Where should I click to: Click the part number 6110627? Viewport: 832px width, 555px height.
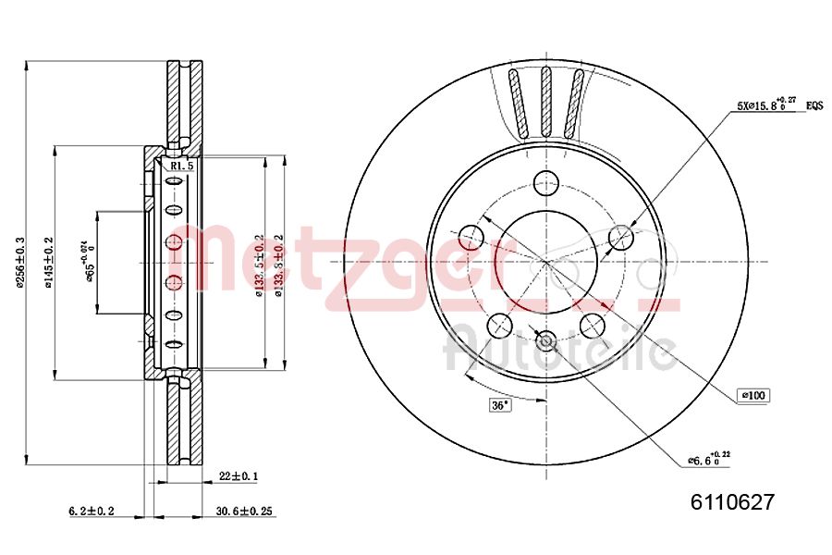tap(731, 502)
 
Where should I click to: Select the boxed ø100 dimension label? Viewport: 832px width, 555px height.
tap(752, 396)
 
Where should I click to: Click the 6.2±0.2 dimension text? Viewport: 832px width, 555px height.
tap(92, 511)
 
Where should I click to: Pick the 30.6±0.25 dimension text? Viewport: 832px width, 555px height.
tap(245, 511)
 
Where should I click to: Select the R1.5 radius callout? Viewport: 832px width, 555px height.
tap(181, 166)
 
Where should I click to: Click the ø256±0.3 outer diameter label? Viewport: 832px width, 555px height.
tap(21, 264)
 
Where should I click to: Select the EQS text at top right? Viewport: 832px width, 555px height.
tap(814, 105)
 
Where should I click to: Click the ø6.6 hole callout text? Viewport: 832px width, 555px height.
tap(708, 457)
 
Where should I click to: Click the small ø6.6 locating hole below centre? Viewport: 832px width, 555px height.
tap(545, 340)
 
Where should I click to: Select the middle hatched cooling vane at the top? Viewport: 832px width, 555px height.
tap(545, 102)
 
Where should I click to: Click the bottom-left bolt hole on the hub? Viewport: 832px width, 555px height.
tap(499, 325)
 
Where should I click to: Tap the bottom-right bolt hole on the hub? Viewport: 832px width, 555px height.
tap(593, 325)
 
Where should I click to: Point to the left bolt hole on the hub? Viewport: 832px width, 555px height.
tap(471, 237)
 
